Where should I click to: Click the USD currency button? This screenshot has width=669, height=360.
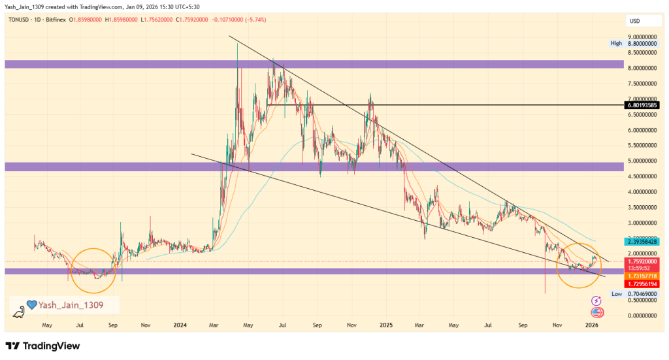[634, 21]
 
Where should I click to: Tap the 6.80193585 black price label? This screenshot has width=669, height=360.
[642, 105]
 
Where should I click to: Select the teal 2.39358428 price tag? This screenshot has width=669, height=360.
[642, 241]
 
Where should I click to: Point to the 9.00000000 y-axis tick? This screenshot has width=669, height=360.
[642, 37]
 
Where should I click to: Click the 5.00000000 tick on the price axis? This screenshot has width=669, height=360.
[642, 161]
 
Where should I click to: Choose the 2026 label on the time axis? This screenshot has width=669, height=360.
[592, 324]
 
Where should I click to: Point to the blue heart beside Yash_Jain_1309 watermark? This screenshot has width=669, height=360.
[31, 304]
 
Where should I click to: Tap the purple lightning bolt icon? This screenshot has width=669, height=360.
[596, 301]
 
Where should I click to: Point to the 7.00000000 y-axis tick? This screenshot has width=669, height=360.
[642, 99]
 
